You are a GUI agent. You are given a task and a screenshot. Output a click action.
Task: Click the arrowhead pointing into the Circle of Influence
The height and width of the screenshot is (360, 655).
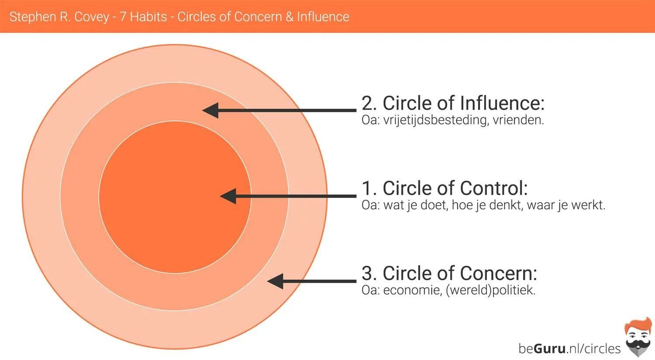[x=210, y=110]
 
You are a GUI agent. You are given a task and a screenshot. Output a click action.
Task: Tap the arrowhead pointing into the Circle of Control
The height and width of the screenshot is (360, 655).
[x=228, y=196]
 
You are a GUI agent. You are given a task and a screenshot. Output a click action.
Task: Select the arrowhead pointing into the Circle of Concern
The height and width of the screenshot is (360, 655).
[x=275, y=281]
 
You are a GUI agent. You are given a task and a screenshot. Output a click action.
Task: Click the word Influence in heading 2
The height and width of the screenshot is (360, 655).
[x=502, y=103]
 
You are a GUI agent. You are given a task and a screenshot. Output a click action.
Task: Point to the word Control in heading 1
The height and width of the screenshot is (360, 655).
[x=491, y=189]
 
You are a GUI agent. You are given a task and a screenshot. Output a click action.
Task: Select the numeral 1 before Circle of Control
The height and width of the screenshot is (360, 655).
[x=368, y=189]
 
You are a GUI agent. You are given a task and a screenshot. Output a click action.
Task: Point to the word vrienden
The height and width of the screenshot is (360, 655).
[x=518, y=120]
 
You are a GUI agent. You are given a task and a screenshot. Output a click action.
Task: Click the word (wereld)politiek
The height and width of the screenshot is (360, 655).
[x=490, y=290]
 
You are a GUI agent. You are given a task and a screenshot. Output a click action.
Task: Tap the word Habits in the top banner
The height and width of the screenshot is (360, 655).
[x=148, y=17]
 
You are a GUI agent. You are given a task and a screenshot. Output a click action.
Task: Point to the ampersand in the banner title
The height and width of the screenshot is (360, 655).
[x=290, y=17]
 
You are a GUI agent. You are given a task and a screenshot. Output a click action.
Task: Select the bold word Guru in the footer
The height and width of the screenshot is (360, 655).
[x=550, y=348]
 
